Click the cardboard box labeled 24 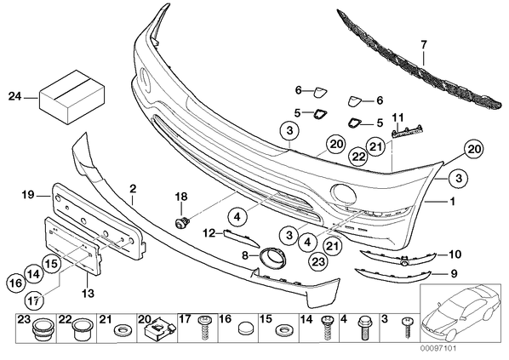click(x=71, y=97)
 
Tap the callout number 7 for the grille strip click(x=424, y=44)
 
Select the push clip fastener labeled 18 click(x=182, y=223)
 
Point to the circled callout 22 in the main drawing click(x=358, y=157)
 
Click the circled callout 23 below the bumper click(x=318, y=261)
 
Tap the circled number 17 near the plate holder click(x=35, y=300)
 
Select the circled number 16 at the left click(x=15, y=283)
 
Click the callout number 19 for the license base click(x=28, y=195)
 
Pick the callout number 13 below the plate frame click(x=88, y=293)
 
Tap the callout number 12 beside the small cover click(x=209, y=232)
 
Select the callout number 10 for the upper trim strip click(x=455, y=254)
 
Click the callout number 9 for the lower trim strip click(x=454, y=274)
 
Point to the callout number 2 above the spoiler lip click(x=133, y=188)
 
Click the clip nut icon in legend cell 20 click(x=157, y=329)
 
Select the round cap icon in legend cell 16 click(x=245, y=329)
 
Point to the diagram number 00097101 click(x=438, y=349)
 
